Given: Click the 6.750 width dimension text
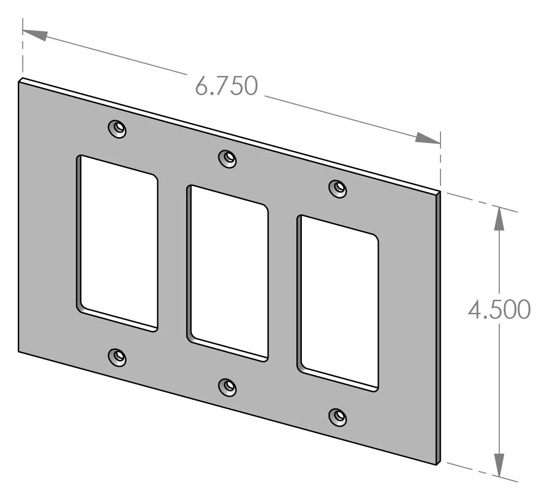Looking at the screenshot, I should click(226, 86).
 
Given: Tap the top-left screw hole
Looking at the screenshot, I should click(118, 129).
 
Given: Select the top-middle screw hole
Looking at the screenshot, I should click(228, 158).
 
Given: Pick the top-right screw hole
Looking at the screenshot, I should click(338, 188).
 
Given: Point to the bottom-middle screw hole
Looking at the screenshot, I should click(228, 387).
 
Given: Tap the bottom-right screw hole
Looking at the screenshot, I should click(338, 416).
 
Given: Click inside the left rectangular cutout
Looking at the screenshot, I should click(119, 242).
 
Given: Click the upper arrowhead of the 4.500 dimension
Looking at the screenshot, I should click(499, 218).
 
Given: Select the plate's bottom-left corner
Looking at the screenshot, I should click(19, 352).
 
